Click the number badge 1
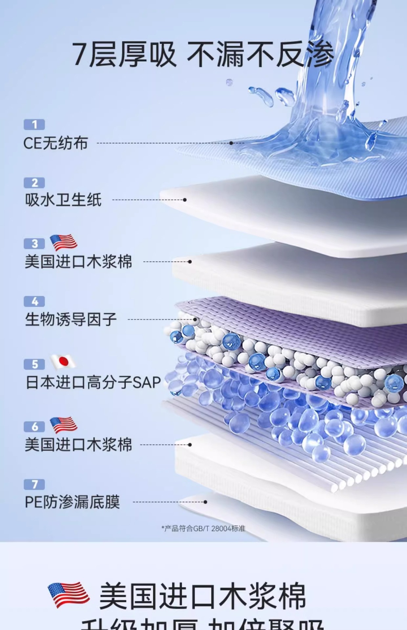(34, 125)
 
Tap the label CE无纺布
(55, 143)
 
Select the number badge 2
(34, 183)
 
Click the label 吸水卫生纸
(63, 200)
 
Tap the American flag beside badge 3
(63, 243)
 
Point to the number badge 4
(34, 302)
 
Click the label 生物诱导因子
(71, 319)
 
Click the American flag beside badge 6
(63, 425)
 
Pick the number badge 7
(34, 484)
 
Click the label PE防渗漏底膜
(72, 502)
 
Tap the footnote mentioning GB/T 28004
(203, 529)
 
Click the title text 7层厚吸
(124, 54)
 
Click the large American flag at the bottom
(68, 595)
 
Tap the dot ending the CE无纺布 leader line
(231, 143)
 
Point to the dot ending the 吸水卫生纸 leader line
(185, 200)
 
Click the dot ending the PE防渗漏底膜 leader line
(205, 502)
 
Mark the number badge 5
(34, 364)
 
